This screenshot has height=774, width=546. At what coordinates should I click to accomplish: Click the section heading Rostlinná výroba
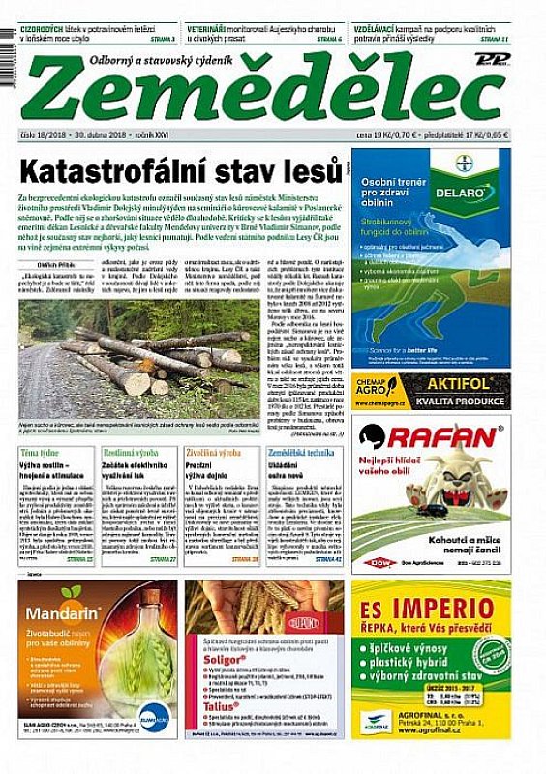tap(133, 452)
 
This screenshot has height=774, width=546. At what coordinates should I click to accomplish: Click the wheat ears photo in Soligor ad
tap(265, 611)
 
